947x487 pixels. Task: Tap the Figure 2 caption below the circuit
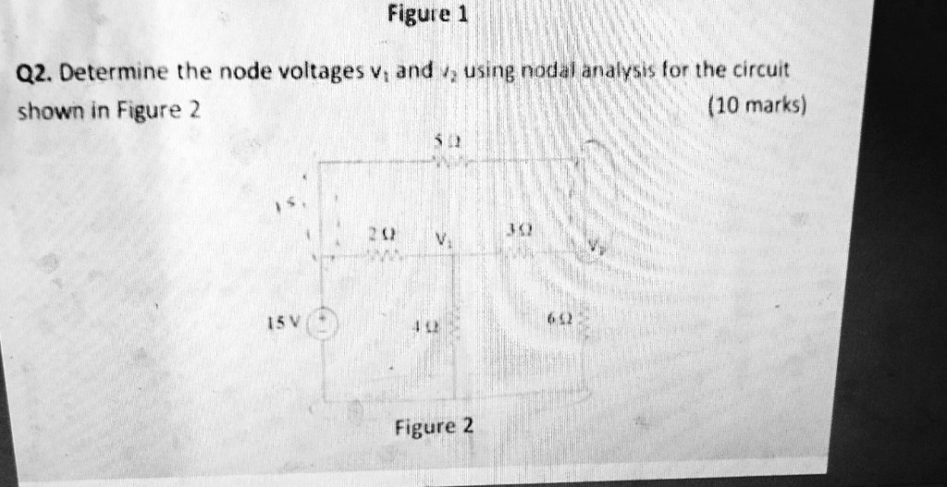434,427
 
